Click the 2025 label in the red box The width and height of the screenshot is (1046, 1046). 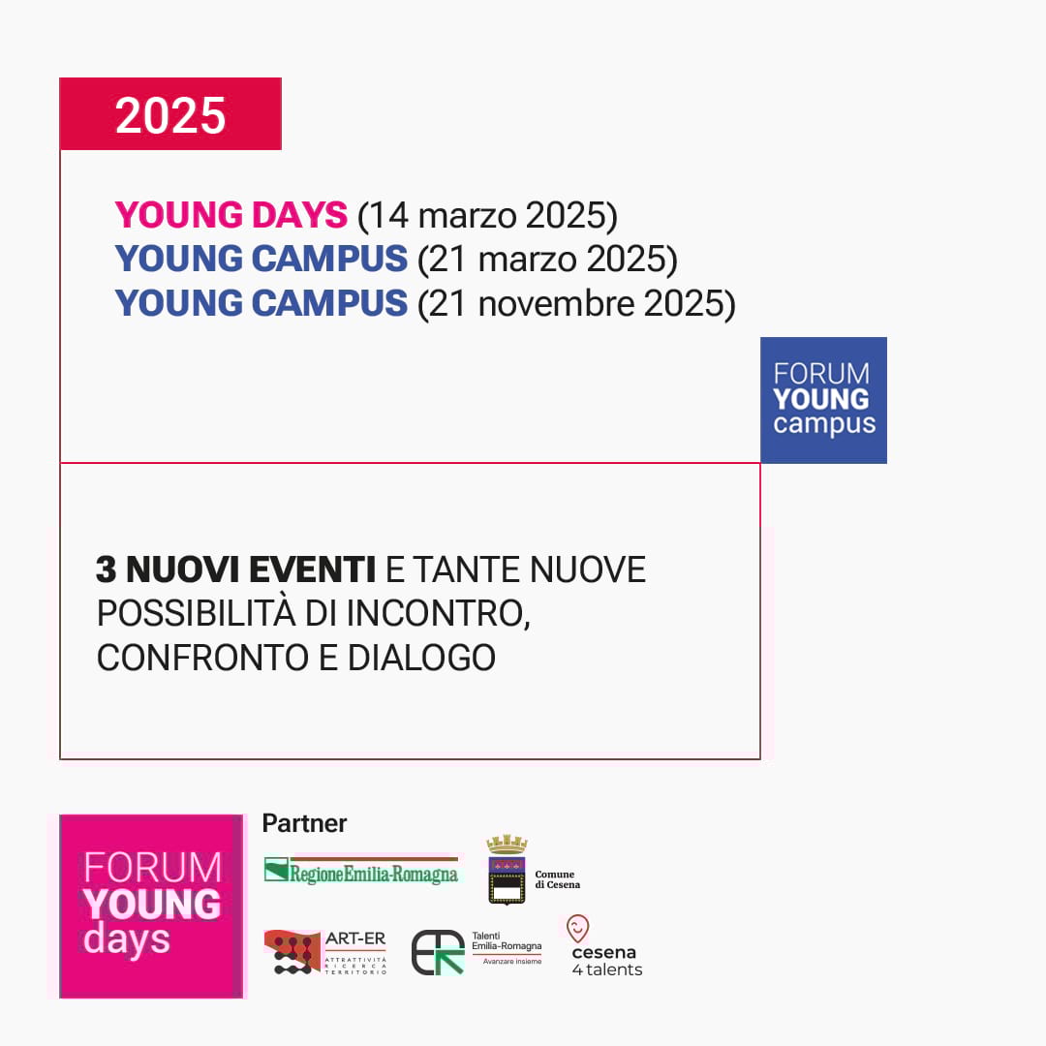170,115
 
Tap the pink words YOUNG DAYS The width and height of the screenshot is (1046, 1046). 231,215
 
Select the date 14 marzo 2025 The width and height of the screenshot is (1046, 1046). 487,215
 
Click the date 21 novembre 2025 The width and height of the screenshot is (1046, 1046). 576,304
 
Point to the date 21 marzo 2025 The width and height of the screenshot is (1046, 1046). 547,260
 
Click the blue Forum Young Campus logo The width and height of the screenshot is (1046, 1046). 823,399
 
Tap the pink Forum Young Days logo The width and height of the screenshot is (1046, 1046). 151,906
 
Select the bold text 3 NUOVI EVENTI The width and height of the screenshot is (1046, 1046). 235,570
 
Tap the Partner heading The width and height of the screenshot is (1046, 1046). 304,823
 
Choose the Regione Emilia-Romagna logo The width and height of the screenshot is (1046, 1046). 361,870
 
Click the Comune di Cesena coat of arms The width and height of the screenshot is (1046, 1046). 507,870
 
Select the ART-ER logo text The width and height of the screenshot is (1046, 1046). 355,938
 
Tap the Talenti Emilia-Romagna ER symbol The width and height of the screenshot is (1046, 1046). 438,952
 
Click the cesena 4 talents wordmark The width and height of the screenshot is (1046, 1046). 606,961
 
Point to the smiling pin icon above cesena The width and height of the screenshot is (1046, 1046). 578,929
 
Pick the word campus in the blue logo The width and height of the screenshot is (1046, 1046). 824,424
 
